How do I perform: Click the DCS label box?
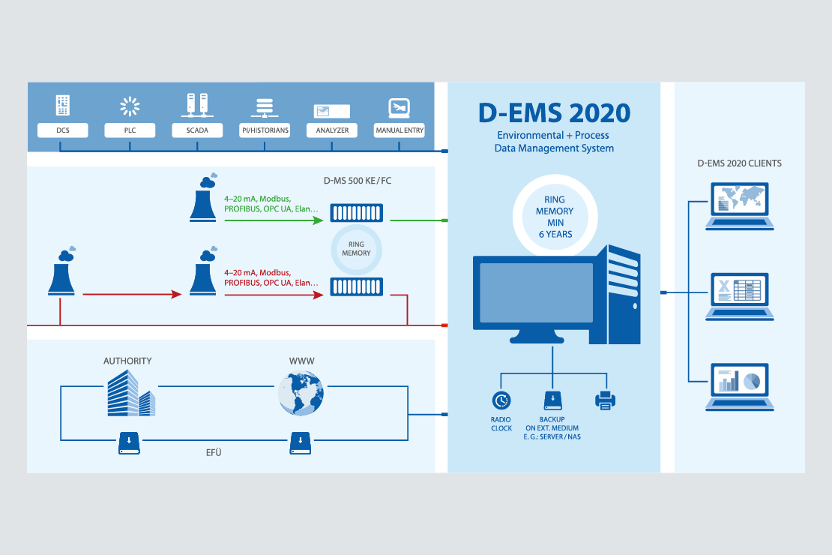(x=63, y=130)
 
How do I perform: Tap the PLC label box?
(x=130, y=130)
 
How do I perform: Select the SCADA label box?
(x=197, y=130)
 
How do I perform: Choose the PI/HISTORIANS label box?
(x=264, y=130)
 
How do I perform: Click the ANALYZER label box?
(x=332, y=130)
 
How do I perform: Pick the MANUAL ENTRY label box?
(x=400, y=130)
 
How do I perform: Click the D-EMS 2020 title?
(x=554, y=113)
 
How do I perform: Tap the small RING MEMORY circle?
(x=356, y=248)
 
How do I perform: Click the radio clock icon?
(x=501, y=400)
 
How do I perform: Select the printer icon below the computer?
(x=605, y=400)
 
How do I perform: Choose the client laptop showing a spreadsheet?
(x=739, y=295)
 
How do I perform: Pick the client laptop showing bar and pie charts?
(x=739, y=385)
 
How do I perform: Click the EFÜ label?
(x=214, y=452)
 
